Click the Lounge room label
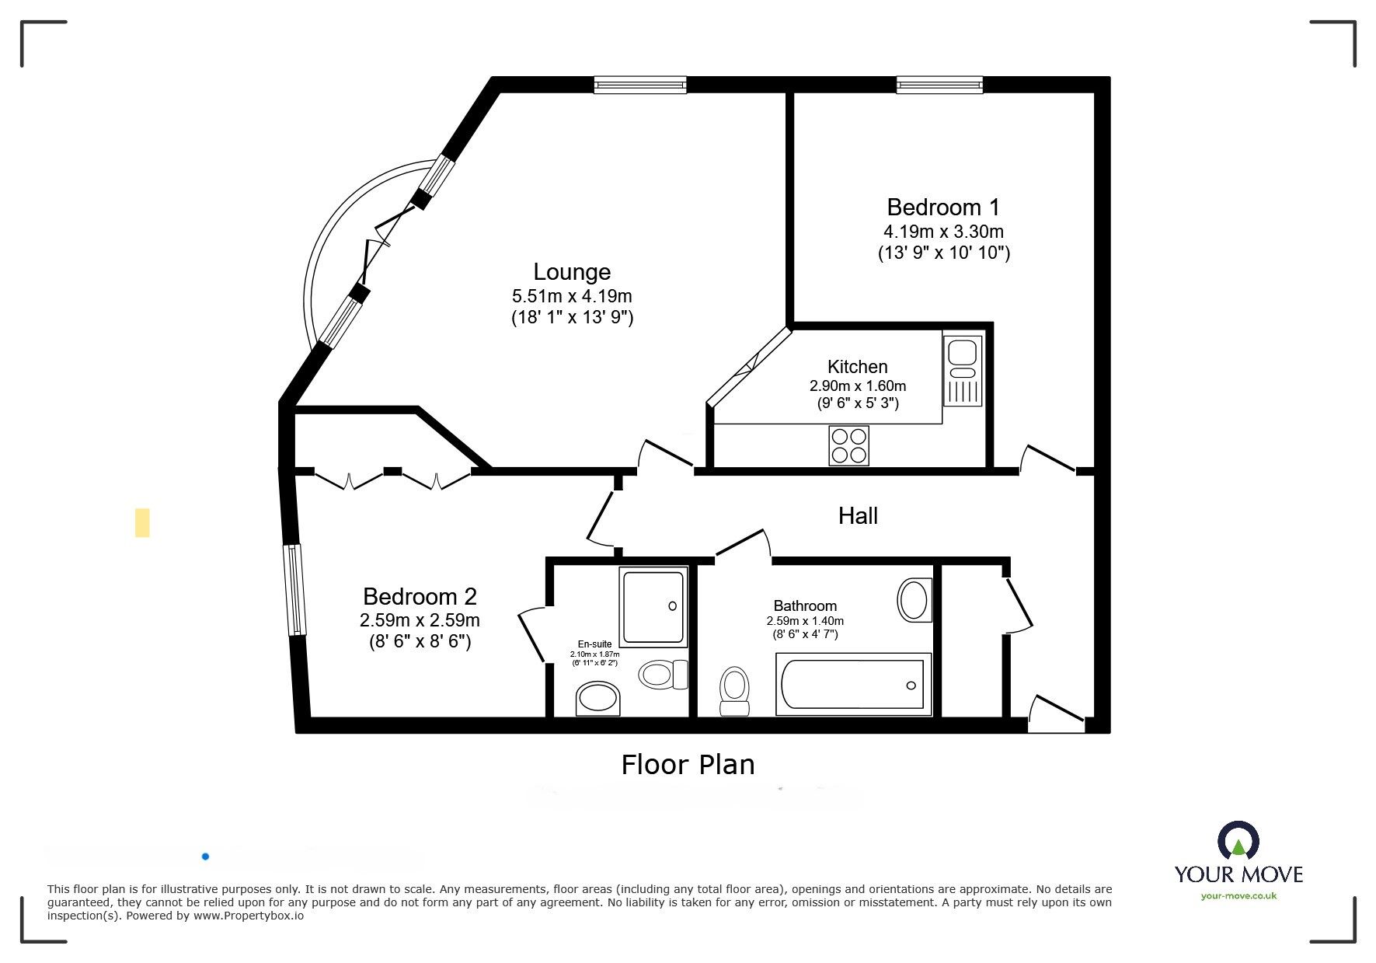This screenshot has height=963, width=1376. pos(572,272)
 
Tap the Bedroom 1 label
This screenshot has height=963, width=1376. pos(943,208)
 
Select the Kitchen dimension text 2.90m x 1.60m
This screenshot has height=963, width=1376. pos(858,386)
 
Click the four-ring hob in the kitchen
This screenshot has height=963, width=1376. pos(848,445)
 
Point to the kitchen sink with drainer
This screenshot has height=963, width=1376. pos(963,370)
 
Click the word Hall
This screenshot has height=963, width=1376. pos(858,516)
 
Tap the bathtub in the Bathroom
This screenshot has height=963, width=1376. pos(853,684)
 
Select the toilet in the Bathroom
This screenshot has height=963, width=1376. pos(734,690)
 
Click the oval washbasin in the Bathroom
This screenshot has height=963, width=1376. pos(914,600)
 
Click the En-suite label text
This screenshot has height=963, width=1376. pos(594,644)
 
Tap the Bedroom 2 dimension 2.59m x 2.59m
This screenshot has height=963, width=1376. pos(420,620)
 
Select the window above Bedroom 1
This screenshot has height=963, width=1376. pos(939,85)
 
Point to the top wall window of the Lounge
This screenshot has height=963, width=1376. pos(640,85)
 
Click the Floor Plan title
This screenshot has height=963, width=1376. pos(688,765)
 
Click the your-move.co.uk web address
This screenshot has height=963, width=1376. pos(1238,895)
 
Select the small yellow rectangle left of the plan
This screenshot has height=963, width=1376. pos(142,522)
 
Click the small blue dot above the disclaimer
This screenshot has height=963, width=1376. pos(205,857)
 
